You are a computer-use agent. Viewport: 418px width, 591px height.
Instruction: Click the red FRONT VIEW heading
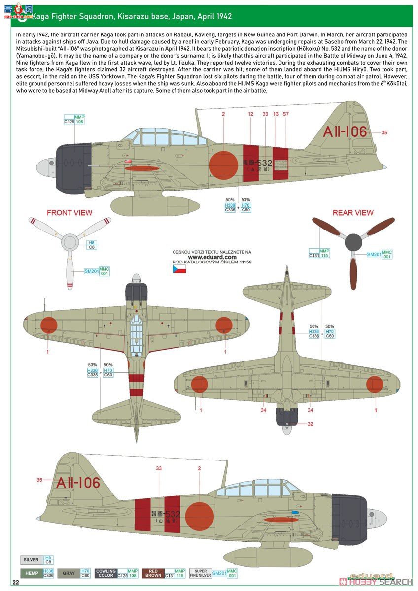click(69, 213)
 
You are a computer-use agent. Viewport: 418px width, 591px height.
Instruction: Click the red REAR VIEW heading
click(353, 213)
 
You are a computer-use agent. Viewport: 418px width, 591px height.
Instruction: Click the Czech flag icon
click(178, 269)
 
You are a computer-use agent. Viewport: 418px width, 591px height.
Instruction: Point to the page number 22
click(16, 582)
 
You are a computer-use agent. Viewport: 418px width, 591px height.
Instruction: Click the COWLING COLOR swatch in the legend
click(106, 573)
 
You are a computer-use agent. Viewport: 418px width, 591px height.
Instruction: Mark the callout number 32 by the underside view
click(310, 424)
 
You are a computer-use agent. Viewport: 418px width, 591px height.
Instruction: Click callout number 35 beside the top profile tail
click(384, 132)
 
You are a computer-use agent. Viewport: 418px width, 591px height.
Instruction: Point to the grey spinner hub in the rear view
click(353, 242)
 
